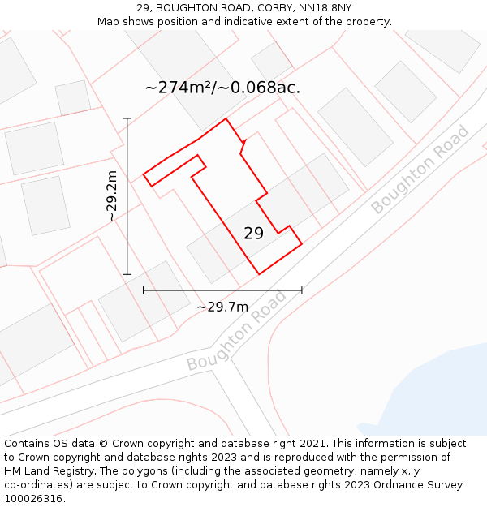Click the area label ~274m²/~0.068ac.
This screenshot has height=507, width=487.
(x=222, y=88)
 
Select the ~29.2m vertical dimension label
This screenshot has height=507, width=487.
(x=112, y=195)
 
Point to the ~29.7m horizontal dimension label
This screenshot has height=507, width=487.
(x=222, y=307)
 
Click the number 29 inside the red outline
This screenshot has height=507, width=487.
(x=253, y=234)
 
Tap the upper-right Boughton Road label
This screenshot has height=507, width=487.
(x=420, y=169)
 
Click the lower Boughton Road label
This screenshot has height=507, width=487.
(x=236, y=331)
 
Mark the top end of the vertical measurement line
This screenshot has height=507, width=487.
(x=127, y=118)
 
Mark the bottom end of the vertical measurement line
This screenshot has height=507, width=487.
(x=127, y=275)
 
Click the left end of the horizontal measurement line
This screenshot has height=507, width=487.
(x=144, y=290)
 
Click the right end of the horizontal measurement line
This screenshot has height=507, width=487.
(x=302, y=290)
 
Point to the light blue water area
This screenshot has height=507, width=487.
(x=438, y=389)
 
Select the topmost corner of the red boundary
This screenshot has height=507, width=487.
(x=226, y=118)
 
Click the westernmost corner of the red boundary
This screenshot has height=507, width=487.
(x=144, y=174)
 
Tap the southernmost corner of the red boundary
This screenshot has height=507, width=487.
(x=259, y=274)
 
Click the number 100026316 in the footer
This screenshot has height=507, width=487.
(x=33, y=498)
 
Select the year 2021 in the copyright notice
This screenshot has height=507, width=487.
(x=312, y=444)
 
